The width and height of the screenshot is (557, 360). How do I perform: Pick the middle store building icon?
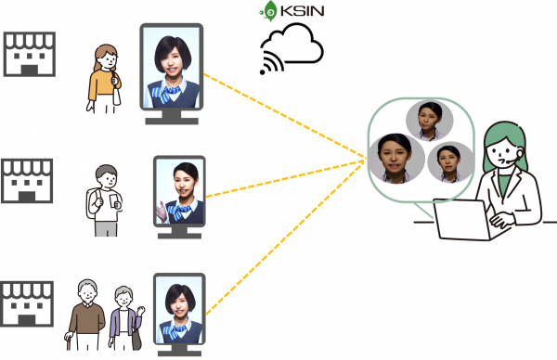coord(31,180)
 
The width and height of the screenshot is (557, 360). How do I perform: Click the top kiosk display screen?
coord(173,65)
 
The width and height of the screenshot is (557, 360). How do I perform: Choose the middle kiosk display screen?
coord(179,191)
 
